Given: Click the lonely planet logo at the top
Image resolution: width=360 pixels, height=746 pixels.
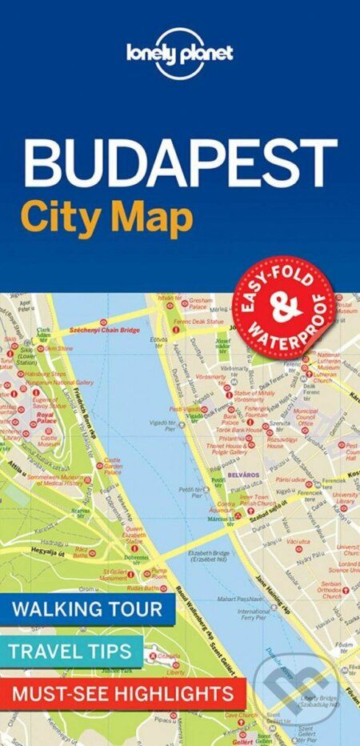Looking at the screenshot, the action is [180, 54].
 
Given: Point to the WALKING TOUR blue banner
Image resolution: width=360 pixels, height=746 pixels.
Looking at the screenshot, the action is [98, 608].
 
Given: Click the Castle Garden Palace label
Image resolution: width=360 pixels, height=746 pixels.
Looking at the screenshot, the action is [113, 466].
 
